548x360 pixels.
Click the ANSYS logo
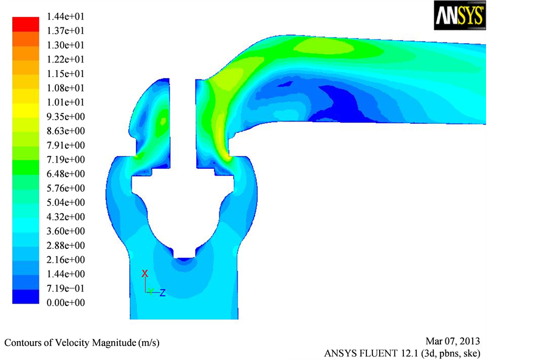(459, 15)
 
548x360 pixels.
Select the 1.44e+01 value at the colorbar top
(66, 17)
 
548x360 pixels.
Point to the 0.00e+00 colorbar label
(66, 303)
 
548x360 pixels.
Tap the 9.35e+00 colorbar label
(66, 117)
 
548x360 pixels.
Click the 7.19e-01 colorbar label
(66, 288)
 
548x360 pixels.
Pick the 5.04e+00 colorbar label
(66, 203)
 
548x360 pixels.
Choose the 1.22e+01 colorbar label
(66, 59)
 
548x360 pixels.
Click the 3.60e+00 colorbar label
(66, 231)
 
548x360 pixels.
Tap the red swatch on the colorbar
(26, 24)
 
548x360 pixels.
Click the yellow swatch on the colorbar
(26, 110)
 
